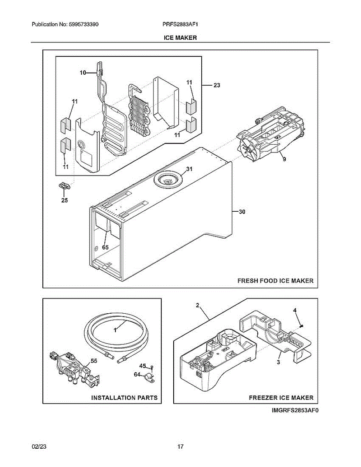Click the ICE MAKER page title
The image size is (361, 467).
click(x=180, y=38)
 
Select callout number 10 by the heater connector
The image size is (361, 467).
click(x=83, y=72)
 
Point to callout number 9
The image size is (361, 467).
click(x=284, y=159)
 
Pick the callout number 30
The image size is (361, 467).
click(x=242, y=212)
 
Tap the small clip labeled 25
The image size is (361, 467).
click(x=65, y=186)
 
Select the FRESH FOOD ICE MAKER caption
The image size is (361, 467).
click(x=276, y=281)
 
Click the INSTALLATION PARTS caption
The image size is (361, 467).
click(x=124, y=398)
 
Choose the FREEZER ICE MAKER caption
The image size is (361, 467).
click(x=281, y=398)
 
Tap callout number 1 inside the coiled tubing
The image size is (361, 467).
click(x=115, y=330)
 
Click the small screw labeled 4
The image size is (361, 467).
click(x=302, y=325)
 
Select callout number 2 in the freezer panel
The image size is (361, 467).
click(x=197, y=306)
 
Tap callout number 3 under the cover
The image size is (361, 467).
click(x=278, y=362)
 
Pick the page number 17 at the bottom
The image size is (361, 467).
click(x=180, y=446)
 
